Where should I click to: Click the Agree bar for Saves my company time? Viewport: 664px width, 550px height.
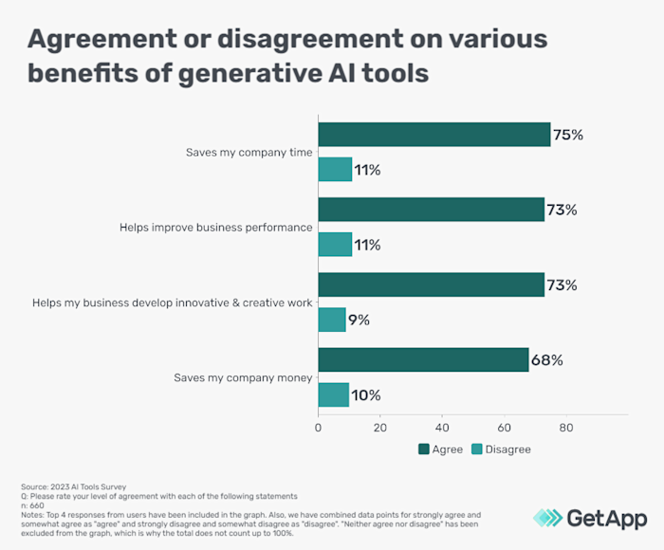433,135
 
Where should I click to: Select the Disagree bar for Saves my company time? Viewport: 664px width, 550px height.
335,170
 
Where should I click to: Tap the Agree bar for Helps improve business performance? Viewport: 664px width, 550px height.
431,210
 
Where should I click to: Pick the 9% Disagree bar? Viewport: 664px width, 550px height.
332,320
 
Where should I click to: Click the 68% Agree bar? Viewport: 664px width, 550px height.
423,359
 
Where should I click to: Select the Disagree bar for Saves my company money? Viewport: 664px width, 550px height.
334,394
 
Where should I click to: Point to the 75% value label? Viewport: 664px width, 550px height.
568,135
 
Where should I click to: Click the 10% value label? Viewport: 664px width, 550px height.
367,395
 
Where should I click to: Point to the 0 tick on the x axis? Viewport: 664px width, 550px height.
319,428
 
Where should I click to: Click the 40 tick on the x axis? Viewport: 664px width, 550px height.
442,428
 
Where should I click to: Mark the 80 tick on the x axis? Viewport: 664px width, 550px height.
565,428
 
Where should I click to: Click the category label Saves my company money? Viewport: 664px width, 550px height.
242,377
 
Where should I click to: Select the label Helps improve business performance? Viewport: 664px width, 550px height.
215,228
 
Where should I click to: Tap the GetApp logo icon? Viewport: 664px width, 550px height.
546,517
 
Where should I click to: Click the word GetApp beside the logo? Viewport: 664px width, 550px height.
607,517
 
